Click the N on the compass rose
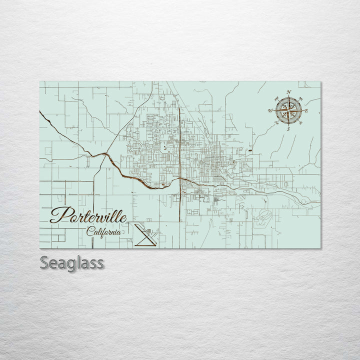tap(288, 92)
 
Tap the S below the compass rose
tap(288, 128)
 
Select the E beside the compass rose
tap(306, 110)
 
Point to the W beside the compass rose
tap(270, 110)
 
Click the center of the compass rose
tap(288, 110)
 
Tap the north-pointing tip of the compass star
tap(288, 96)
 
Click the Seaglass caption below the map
tap(71, 263)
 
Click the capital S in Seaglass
tap(45, 263)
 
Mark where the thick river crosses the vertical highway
tap(179, 179)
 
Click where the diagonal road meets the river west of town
tap(105, 155)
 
